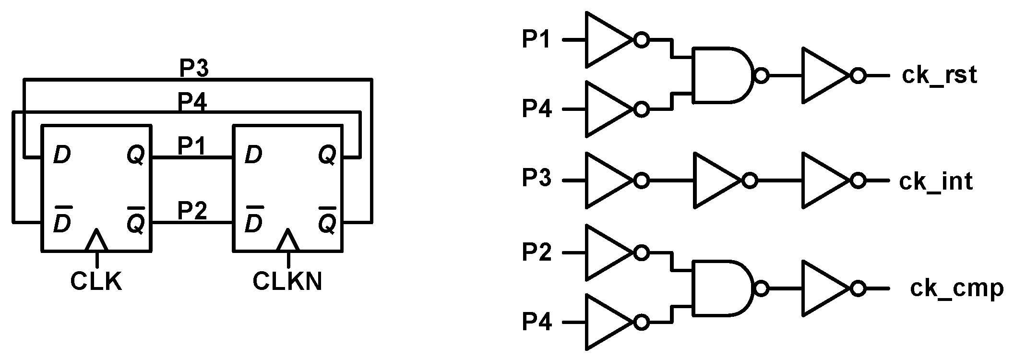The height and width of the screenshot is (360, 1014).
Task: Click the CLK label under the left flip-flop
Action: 96,282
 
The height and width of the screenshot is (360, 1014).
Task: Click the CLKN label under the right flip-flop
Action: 287,282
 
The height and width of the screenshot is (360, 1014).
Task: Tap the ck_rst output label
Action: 939,76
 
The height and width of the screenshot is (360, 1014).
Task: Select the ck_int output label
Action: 936,181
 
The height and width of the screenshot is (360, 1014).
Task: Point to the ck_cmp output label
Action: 956,288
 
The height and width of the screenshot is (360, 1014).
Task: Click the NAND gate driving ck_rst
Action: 722,75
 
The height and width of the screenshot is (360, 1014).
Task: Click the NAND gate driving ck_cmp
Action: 722,288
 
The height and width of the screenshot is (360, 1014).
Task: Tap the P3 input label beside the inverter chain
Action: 537,180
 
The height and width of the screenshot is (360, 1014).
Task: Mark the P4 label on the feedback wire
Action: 192,102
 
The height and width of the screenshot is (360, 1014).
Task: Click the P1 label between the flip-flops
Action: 192,146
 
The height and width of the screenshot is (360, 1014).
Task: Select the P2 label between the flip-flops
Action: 192,211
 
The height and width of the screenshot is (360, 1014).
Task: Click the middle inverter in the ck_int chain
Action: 718,180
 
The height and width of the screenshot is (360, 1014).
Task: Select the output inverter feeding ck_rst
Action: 826,75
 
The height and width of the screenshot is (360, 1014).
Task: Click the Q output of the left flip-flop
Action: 135,156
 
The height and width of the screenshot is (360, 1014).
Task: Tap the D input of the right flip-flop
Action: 253,156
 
